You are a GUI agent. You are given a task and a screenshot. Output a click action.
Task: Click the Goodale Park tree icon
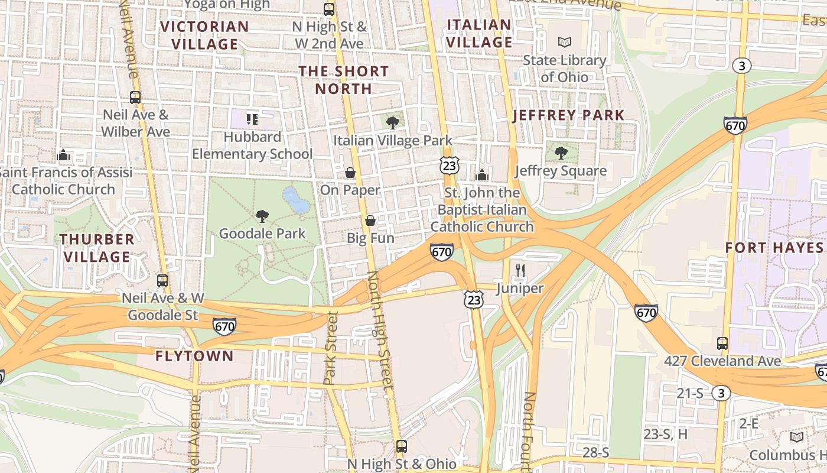[262, 216]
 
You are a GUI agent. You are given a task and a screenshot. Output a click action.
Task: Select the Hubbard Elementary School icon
[252, 119]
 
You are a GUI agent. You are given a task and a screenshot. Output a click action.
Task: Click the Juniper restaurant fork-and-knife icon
[520, 271]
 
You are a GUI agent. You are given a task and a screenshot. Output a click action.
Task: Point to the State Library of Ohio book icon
[565, 43]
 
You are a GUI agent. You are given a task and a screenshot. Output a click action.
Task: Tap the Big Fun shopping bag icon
[370, 221]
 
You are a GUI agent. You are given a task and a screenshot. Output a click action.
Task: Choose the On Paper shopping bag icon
[350, 173]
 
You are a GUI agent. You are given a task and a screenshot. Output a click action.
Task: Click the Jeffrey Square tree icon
[561, 153]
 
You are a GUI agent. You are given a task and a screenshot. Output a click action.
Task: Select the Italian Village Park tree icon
[392, 123]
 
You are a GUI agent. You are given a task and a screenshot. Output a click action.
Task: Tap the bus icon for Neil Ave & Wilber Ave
[135, 98]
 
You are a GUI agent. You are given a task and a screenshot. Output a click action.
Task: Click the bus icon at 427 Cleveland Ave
[722, 343]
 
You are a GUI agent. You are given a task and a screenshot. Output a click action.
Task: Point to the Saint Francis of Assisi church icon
[63, 155]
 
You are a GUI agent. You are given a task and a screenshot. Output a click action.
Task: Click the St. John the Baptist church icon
[482, 175]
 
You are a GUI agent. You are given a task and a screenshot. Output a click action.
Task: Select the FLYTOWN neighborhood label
[194, 356]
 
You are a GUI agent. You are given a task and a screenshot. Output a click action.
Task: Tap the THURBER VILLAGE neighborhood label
[97, 248]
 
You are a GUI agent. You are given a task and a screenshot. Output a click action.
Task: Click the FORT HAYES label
[774, 247]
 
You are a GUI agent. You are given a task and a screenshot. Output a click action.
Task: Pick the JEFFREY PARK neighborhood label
[568, 115]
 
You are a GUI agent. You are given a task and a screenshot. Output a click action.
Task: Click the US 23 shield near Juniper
[473, 299]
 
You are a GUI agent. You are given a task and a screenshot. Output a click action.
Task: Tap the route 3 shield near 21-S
[720, 393]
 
